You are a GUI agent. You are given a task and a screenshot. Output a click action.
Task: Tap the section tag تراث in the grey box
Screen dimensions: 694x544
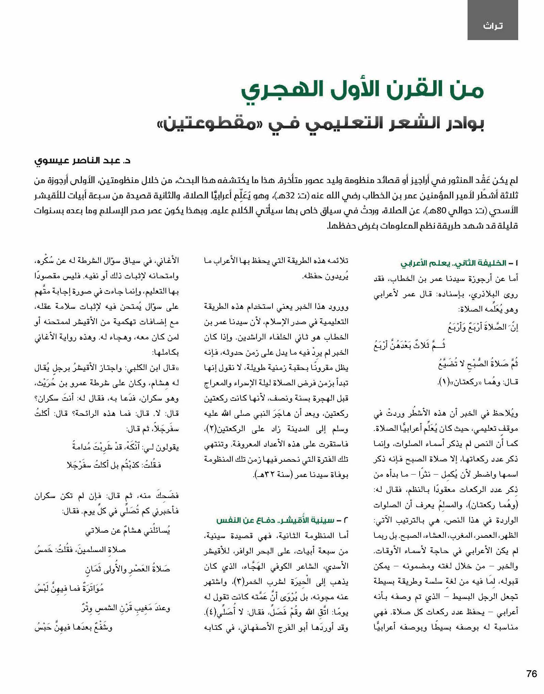pyautogui.click(x=492, y=26)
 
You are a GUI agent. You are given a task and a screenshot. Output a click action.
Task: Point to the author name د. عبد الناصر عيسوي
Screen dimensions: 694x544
pyautogui.click(x=83, y=160)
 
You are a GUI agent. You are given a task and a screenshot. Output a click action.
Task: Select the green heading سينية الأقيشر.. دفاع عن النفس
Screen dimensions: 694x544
pyautogui.click(x=275, y=520)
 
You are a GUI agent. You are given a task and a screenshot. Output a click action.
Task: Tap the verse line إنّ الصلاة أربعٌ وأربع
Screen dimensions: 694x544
pyautogui.click(x=482, y=327)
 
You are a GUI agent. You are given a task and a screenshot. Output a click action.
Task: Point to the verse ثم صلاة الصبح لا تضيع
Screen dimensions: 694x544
pyautogui.click(x=478, y=364)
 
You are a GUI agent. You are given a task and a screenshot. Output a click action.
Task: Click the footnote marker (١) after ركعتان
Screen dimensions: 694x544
pyautogui.click(x=443, y=382)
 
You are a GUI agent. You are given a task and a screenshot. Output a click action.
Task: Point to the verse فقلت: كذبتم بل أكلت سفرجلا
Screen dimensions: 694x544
pyautogui.click(x=113, y=465)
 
